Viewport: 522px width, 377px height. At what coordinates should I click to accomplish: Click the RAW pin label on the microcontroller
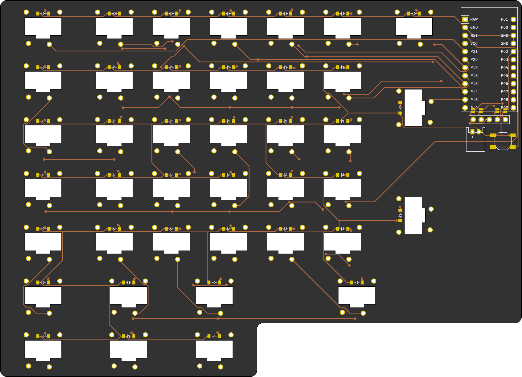pos(474,19)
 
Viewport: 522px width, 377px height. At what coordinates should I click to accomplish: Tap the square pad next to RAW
pos(465,19)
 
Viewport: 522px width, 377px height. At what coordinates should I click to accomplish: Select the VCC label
pos(474,43)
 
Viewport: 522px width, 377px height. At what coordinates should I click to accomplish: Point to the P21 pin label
pos(474,51)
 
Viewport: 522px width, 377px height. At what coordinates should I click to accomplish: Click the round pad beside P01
pos(513,19)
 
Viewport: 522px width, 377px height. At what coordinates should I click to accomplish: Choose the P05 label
pos(504,76)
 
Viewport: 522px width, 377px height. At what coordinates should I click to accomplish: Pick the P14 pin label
pos(474,92)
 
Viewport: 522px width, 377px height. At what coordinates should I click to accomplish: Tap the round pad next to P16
pos(465,100)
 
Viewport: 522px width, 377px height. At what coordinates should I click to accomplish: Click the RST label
pos(474,35)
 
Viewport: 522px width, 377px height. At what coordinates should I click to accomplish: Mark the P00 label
pos(504,27)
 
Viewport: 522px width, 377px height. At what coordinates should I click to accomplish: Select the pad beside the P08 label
pos(513,100)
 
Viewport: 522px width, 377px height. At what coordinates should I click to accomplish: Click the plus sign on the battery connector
pos(472,137)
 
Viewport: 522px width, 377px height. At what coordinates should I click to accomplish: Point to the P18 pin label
pos(474,76)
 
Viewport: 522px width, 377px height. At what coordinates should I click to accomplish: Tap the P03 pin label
pos(504,59)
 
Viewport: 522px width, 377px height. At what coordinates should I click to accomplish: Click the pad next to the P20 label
pos(465,59)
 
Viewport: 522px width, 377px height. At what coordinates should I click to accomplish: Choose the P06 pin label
pos(504,84)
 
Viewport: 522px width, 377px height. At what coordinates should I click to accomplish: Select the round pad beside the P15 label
pos(465,84)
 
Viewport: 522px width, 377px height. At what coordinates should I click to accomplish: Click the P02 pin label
pos(504,51)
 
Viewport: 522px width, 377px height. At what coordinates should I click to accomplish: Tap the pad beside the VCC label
pos(465,43)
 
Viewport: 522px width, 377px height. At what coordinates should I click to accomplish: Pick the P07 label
pos(504,92)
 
